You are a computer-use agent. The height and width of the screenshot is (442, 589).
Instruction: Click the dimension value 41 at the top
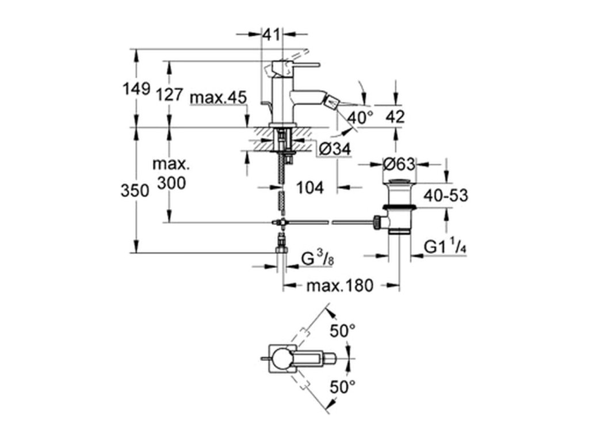(x=271, y=35)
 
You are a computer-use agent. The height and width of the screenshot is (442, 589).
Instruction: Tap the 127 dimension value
(x=169, y=95)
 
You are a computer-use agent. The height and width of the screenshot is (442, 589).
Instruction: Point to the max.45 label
(x=218, y=98)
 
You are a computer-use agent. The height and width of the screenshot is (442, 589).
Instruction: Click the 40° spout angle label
(x=360, y=117)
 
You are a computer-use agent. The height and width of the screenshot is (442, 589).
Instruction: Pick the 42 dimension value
(x=395, y=117)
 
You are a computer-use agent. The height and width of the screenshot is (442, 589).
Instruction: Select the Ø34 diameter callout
(x=335, y=149)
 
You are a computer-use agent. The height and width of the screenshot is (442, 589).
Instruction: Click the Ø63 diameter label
(x=400, y=164)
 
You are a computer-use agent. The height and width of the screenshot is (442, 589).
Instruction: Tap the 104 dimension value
(x=310, y=187)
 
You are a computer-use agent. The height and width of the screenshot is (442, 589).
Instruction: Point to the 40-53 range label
(x=446, y=196)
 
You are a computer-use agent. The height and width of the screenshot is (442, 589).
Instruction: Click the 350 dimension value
(x=135, y=191)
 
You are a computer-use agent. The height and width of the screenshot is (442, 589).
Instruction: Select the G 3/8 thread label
(x=318, y=258)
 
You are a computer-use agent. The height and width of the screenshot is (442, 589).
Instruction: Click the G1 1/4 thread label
(x=446, y=247)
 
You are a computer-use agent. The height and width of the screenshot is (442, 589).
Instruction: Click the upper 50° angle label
(x=343, y=331)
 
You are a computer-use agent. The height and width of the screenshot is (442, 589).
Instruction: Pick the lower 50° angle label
(x=343, y=387)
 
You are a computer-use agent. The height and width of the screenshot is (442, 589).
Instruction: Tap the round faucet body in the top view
(x=282, y=359)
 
